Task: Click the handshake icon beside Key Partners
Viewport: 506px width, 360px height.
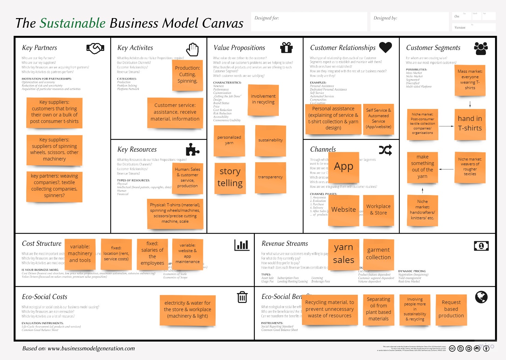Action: (x=95, y=49)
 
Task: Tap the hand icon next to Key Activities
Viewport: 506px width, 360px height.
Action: (x=193, y=49)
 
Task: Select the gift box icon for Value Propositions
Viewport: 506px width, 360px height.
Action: (x=286, y=47)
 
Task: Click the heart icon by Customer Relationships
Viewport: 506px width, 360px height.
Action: (x=385, y=47)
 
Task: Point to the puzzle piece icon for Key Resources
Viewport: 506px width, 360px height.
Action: (x=192, y=150)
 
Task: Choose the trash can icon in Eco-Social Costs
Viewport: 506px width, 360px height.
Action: (x=242, y=297)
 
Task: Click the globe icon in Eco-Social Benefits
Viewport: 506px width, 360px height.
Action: (x=481, y=297)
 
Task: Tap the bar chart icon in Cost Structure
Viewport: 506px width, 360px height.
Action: (x=242, y=245)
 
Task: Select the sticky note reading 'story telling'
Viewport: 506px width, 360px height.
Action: (x=230, y=178)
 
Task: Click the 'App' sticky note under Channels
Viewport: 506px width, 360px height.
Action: (x=343, y=167)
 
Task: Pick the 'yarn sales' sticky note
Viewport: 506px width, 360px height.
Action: (x=343, y=254)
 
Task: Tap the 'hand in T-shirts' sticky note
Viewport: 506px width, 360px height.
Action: (x=470, y=124)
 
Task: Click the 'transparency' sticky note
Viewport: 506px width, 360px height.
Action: (x=270, y=177)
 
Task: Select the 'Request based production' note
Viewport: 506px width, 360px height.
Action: (x=451, y=309)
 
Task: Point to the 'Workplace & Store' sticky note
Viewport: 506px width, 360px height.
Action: (x=378, y=210)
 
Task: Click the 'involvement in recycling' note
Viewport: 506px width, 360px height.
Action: (x=263, y=99)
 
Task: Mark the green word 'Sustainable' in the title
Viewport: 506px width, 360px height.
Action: (x=72, y=23)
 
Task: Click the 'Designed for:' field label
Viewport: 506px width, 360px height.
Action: (x=266, y=18)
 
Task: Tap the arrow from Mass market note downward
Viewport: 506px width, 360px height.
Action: (x=470, y=104)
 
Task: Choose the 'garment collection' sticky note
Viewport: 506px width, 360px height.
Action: (x=378, y=254)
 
